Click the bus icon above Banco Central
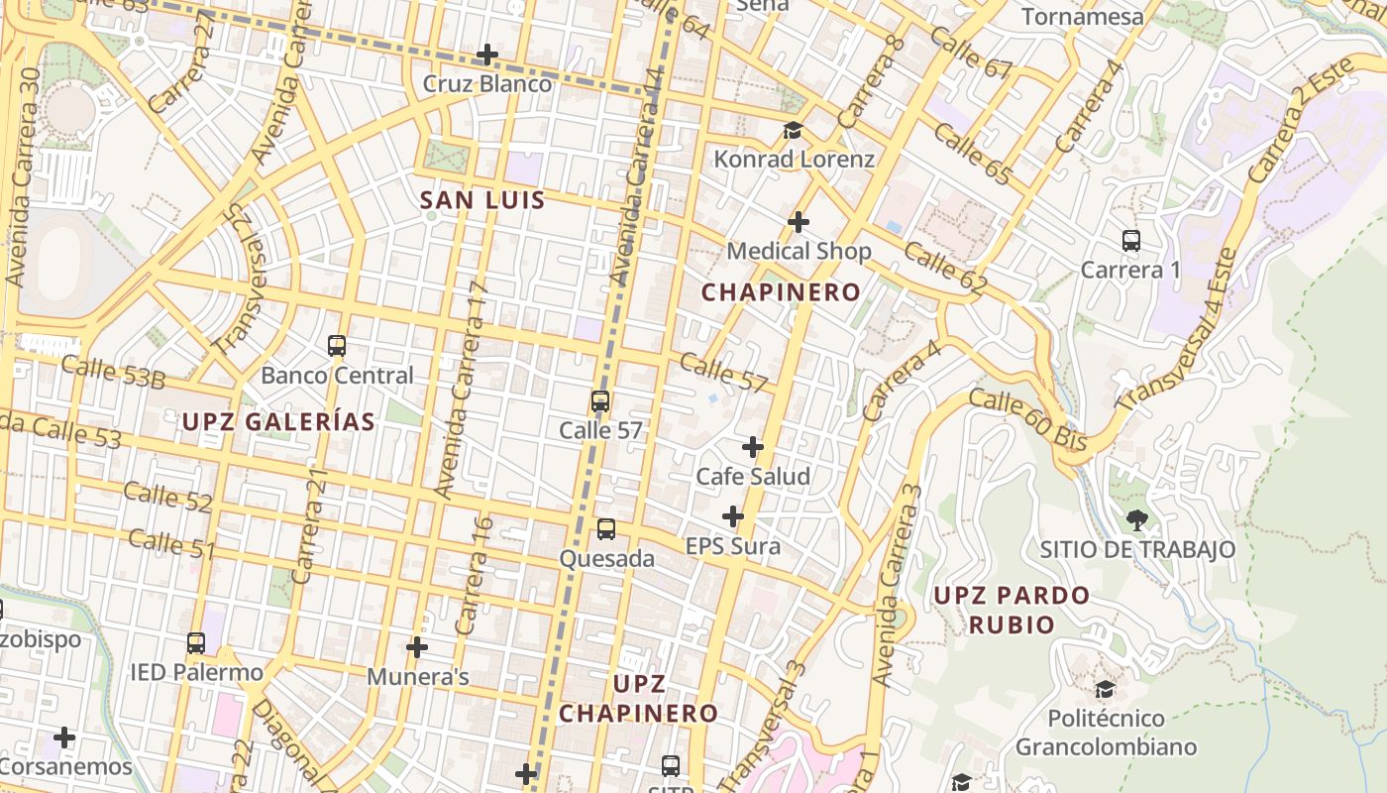(x=337, y=346)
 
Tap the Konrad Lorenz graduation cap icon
(x=793, y=130)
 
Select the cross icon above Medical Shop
(x=799, y=222)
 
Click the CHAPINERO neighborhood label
(x=782, y=292)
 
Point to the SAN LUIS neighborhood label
(x=482, y=200)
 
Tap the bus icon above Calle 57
(x=600, y=401)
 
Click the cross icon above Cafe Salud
(x=753, y=447)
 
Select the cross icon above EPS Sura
(x=733, y=516)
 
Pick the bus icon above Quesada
(x=606, y=529)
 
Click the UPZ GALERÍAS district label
(x=278, y=421)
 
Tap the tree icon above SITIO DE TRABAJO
(x=1137, y=519)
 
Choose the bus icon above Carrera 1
(x=1131, y=240)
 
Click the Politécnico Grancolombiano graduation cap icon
(x=1106, y=688)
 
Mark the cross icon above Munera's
(x=417, y=647)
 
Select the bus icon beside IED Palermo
(x=196, y=643)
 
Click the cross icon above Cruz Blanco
(x=487, y=55)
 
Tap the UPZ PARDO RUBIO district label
(x=1012, y=610)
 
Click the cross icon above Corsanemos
(x=64, y=737)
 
